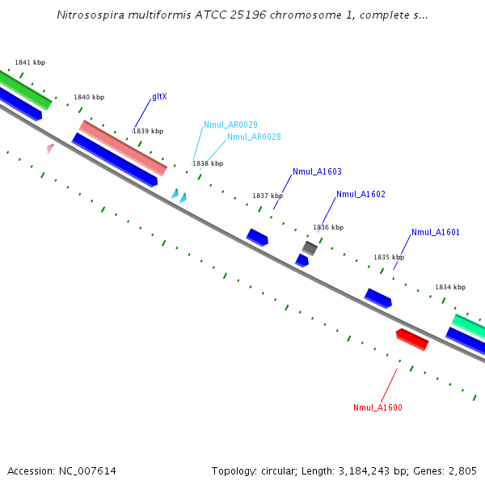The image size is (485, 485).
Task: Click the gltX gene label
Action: tap(159, 97)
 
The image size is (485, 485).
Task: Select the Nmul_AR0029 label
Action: tap(230, 124)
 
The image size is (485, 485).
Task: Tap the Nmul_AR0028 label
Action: tap(254, 137)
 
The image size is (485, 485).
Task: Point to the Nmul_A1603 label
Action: tap(317, 171)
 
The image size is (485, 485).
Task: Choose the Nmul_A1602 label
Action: tap(361, 194)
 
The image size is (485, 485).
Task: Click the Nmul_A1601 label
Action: tap(435, 233)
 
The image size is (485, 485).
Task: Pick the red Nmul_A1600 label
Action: tap(377, 407)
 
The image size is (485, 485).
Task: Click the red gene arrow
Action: tap(412, 339)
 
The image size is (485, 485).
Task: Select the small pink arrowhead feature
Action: tap(50, 148)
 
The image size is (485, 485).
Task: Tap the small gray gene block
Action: tap(310, 247)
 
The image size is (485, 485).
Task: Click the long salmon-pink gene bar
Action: tap(123, 148)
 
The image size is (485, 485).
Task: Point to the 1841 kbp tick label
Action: tap(30, 62)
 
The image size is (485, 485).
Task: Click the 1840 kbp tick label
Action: tap(89, 97)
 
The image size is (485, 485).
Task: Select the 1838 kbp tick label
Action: tap(208, 163)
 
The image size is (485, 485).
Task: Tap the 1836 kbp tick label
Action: tap(328, 227)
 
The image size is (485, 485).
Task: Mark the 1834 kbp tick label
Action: tap(450, 287)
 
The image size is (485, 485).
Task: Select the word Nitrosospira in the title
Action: tap(88, 15)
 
